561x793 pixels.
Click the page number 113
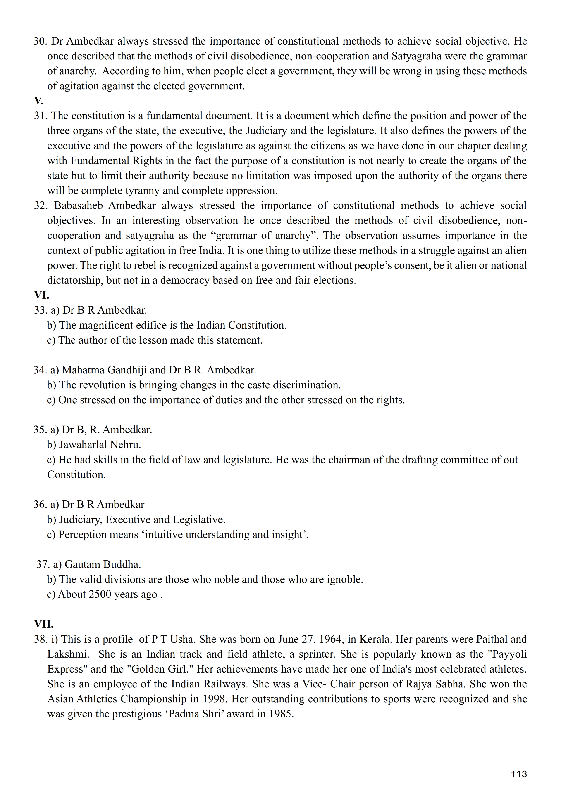(519, 774)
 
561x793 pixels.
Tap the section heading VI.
(41, 295)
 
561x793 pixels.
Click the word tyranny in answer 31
(146, 191)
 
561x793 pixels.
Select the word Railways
(225, 684)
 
